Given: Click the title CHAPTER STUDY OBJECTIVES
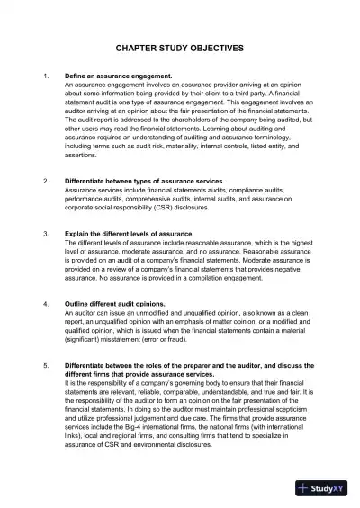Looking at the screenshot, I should coord(180,53).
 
